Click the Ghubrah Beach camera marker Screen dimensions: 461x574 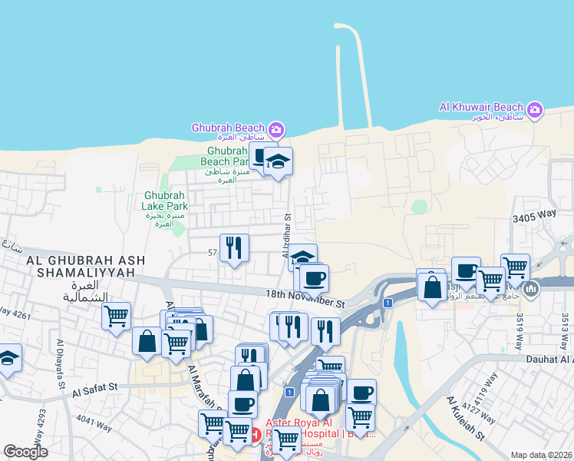tap(276, 128)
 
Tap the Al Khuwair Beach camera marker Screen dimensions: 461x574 tap(535, 110)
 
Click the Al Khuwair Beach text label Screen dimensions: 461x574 tap(480, 108)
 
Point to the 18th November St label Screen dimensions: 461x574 tap(306, 298)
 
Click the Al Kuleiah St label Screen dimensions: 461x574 tap(467, 418)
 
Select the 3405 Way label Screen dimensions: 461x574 tap(533, 218)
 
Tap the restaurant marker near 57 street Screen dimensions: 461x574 tap(235, 247)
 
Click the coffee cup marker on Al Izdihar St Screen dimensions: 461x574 tap(314, 277)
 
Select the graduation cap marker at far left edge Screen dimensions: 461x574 tap(8, 358)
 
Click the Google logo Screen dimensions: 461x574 tap(25, 452)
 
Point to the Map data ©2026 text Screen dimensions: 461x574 tap(542, 455)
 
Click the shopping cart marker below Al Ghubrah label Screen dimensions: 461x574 tap(116, 316)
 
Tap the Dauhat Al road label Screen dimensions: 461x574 tap(549, 359)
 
